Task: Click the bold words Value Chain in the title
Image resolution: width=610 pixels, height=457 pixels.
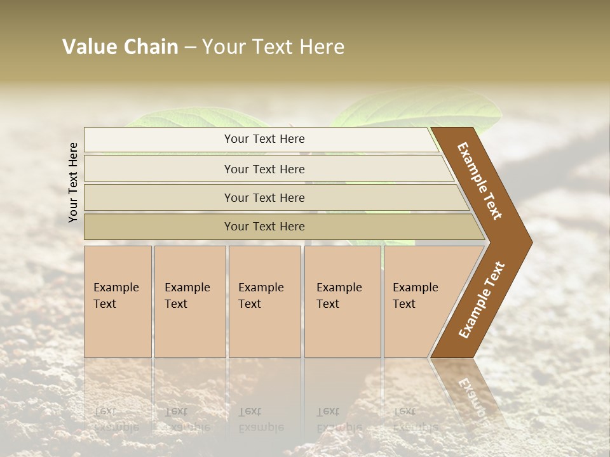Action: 120,47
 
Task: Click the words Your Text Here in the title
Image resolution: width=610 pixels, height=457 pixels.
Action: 273,47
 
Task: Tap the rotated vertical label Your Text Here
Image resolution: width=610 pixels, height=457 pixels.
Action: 73,182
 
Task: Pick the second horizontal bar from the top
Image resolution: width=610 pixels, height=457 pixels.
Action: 264,169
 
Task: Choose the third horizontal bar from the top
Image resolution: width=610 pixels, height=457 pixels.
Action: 264,197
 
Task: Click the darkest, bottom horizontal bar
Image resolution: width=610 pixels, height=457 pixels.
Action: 264,227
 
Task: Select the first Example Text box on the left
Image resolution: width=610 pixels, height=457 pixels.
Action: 118,301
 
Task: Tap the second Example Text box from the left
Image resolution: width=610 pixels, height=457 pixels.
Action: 189,301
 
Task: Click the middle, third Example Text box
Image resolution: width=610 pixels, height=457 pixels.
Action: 264,301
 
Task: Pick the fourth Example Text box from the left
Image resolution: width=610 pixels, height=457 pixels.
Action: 342,301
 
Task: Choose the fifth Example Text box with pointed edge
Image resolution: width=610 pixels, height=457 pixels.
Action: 419,301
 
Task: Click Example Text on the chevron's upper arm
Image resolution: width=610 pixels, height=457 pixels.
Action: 480,182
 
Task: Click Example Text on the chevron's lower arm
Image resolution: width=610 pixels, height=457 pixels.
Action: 481,300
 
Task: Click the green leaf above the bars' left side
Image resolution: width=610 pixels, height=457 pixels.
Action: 191,117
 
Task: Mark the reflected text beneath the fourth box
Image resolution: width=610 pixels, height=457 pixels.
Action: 339,420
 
